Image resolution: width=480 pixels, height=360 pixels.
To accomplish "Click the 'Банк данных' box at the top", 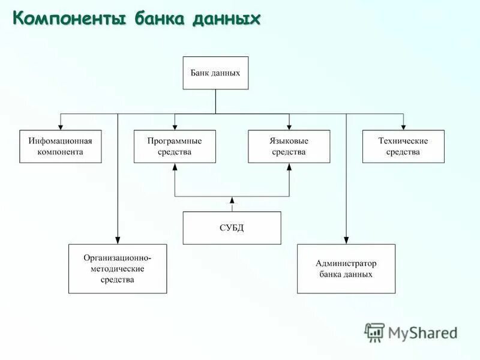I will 215,73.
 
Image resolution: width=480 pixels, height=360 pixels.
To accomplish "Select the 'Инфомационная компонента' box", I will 60,146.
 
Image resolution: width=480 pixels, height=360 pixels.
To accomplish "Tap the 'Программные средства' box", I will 175,146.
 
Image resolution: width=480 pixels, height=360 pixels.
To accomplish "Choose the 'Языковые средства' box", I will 289,146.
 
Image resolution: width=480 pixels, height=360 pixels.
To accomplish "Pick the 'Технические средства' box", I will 403,146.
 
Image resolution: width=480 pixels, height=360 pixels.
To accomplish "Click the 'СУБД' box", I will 232,227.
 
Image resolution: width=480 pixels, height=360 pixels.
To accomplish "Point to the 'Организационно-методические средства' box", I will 118,269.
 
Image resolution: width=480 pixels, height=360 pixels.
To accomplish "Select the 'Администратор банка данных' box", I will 346,269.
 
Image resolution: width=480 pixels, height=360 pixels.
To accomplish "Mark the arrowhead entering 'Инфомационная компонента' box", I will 60,127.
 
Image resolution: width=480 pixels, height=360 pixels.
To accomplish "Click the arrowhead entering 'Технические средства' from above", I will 403,127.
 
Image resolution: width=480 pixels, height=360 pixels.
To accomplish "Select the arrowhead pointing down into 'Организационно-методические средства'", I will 118,240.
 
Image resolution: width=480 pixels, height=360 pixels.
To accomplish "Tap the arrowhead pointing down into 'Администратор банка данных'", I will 346,240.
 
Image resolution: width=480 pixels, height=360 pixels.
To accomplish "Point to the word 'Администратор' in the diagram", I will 346,263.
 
